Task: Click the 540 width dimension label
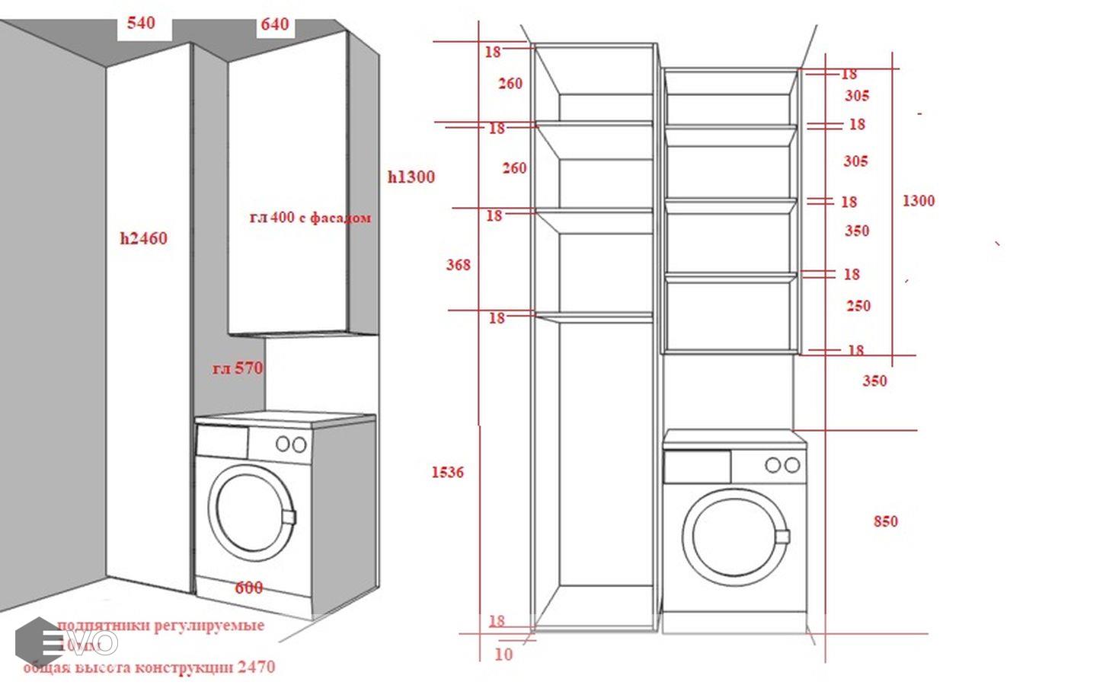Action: pos(141,23)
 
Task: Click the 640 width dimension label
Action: pos(275,24)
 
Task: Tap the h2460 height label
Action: pos(143,238)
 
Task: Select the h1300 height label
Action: pos(411,177)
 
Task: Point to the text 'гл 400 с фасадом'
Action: pos(311,218)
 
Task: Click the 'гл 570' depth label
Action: pos(238,368)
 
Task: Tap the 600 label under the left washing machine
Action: pos(249,588)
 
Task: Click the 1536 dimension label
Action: pos(447,472)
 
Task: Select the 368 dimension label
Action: pos(458,265)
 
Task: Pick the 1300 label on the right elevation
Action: pos(918,201)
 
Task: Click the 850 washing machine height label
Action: pos(885,521)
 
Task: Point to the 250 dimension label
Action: pos(858,306)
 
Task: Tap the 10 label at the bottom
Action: pos(503,655)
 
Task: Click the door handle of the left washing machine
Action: pos(288,517)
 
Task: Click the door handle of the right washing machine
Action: pos(782,536)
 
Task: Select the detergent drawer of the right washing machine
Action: pos(697,467)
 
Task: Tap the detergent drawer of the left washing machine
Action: pos(222,441)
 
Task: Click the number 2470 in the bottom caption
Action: pos(256,667)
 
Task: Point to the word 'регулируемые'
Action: pos(209,626)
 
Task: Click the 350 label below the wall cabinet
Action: pos(874,381)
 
